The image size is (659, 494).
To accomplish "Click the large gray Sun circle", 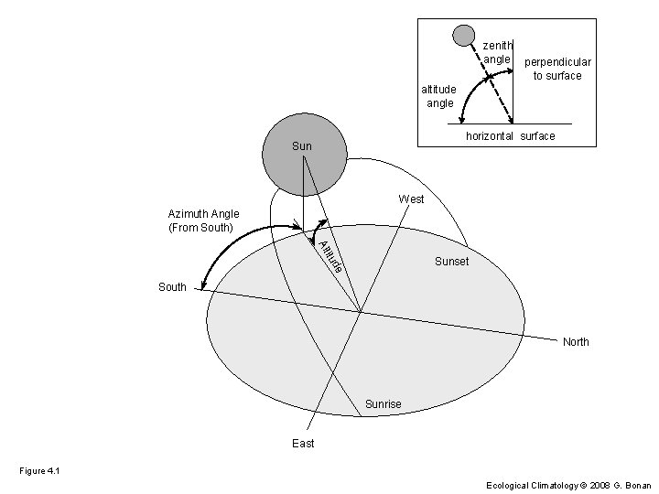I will tap(304, 154).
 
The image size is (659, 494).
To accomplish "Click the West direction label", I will tap(411, 199).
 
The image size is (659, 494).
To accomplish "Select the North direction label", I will tap(576, 342).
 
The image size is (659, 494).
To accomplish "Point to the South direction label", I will tap(172, 287).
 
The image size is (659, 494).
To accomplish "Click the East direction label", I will tap(303, 444).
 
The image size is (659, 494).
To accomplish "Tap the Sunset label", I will tap(451, 262).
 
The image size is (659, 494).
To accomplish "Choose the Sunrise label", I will tap(383, 404).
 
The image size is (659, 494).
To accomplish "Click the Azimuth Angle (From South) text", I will tap(203, 220).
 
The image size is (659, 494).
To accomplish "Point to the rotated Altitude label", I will tap(332, 255).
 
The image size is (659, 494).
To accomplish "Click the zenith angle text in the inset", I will tap(497, 52).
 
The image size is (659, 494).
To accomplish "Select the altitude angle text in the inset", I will tap(438, 96).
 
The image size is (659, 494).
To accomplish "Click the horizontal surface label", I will tap(510, 136).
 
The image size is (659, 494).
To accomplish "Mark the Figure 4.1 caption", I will tap(38, 470).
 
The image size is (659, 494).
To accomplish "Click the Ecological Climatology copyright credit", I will tap(568, 485).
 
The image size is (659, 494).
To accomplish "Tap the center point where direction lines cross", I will tap(361, 312).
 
